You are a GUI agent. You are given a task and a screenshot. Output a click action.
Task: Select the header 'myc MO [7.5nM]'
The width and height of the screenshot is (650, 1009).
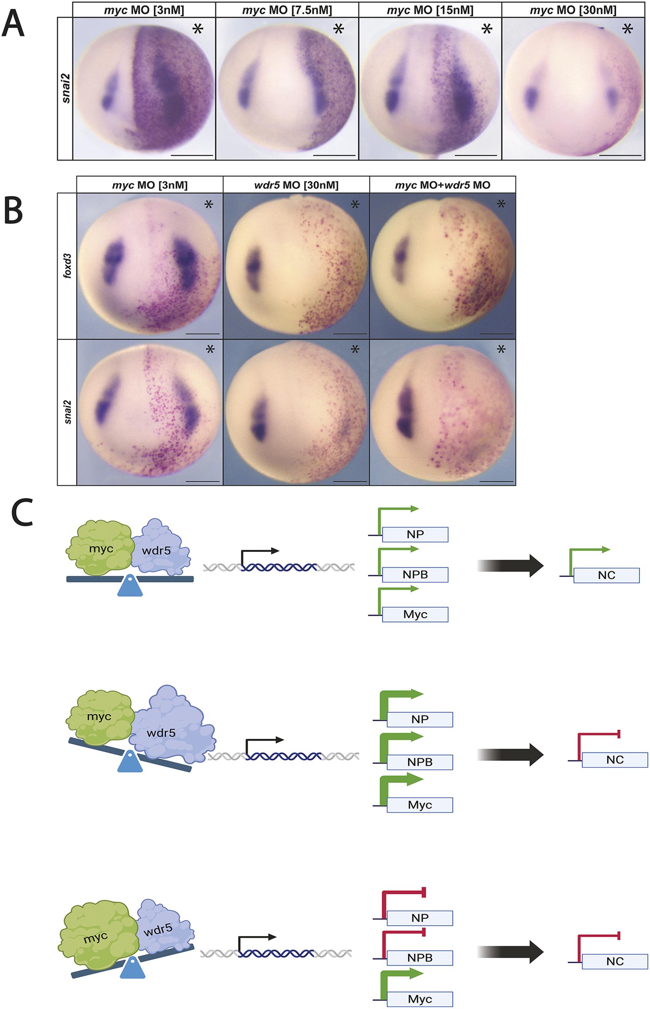[x=287, y=10]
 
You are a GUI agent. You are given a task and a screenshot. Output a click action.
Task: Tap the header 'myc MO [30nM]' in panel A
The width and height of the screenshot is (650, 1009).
[x=573, y=10]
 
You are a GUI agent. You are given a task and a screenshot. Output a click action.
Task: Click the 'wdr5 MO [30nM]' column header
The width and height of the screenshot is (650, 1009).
[x=296, y=185]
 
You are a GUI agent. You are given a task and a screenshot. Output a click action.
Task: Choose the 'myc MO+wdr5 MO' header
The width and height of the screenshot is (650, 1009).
[x=442, y=185]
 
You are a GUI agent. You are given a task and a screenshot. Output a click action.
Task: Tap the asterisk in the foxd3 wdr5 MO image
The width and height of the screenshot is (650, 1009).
[x=355, y=204]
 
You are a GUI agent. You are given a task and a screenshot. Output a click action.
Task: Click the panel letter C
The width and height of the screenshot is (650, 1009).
[x=22, y=514]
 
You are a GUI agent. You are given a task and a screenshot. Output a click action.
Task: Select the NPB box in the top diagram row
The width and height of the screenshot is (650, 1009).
[x=415, y=575]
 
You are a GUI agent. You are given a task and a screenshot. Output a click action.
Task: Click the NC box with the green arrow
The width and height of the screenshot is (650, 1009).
[x=606, y=575]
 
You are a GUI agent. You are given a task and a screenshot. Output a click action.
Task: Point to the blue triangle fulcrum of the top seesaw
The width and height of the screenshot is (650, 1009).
[x=130, y=585]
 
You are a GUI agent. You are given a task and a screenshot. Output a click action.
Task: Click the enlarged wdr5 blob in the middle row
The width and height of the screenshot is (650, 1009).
[x=173, y=725]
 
